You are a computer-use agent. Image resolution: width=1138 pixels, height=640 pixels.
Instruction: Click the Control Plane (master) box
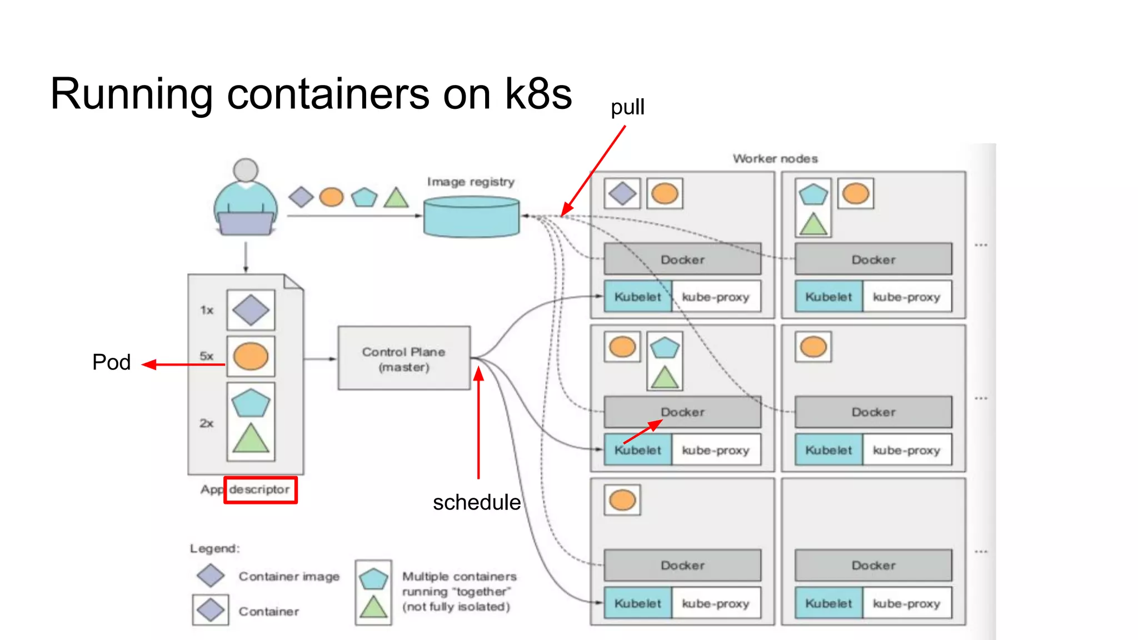(404, 358)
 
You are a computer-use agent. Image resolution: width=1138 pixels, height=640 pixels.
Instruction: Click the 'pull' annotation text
(627, 107)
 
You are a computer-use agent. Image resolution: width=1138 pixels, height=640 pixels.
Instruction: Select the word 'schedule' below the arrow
(476, 502)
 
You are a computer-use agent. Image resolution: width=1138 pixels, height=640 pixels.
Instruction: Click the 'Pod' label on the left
(111, 362)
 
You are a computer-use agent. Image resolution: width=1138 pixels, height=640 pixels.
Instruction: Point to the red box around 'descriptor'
(261, 490)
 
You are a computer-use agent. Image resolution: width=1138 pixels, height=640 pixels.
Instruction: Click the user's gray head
(246, 170)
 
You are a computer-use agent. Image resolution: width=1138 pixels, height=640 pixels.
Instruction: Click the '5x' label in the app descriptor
(207, 356)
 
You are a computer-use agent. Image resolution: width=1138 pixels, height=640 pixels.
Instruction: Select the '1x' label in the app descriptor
(207, 310)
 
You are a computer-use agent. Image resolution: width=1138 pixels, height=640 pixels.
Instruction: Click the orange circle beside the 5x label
(251, 356)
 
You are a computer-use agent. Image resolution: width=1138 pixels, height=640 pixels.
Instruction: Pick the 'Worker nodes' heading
(775, 159)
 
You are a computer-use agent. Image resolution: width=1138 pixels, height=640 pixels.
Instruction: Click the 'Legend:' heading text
(214, 548)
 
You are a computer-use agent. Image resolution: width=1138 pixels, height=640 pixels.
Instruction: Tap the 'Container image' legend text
(289, 577)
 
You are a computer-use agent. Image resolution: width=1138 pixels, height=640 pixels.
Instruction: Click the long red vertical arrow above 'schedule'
(478, 422)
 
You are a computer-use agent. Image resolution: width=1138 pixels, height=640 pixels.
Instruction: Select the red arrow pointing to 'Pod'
(183, 364)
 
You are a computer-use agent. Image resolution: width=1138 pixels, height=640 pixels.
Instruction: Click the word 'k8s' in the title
(538, 94)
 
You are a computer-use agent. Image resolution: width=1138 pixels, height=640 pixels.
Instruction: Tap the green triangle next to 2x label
(251, 439)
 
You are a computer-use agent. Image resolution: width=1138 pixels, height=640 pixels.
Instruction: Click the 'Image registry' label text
(471, 182)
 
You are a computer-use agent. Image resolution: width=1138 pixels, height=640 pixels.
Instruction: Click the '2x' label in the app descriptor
(207, 423)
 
